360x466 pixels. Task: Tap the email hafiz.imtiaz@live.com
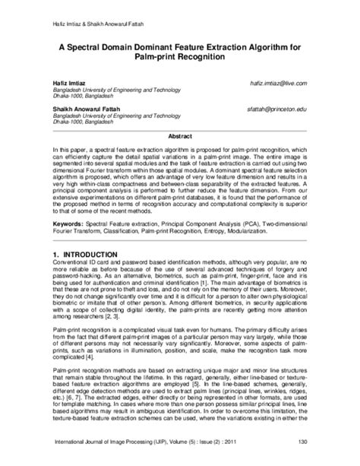pyautogui.click(x=273, y=82)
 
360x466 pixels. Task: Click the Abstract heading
pyautogui.click(x=179, y=135)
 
